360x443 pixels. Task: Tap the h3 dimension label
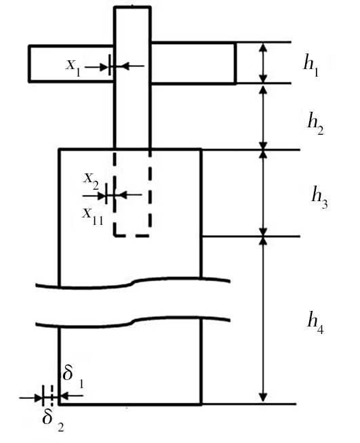(x=319, y=198)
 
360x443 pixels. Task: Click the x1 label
(x=73, y=68)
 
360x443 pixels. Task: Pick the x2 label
(x=91, y=182)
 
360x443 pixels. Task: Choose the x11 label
(x=93, y=217)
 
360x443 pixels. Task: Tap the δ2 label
(x=53, y=421)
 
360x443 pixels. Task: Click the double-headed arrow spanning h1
(x=263, y=63)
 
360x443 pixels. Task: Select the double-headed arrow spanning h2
(x=263, y=117)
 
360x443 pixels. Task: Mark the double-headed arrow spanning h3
(x=263, y=193)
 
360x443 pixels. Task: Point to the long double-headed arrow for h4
(x=263, y=319)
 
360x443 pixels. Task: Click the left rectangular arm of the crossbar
(x=71, y=64)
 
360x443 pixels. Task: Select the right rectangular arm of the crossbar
(x=193, y=63)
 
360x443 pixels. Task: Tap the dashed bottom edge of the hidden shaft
(x=132, y=235)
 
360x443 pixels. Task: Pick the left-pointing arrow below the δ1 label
(x=72, y=396)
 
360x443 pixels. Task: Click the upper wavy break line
(x=132, y=283)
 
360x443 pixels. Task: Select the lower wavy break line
(x=132, y=322)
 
